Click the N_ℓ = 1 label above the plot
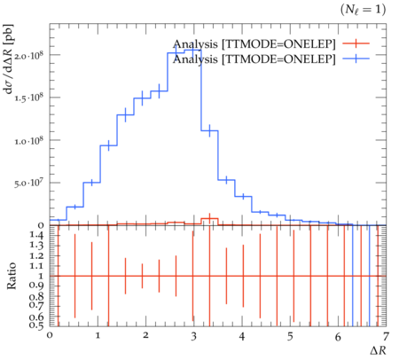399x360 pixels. coord(363,10)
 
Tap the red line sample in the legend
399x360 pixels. coord(356,43)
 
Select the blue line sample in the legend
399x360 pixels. coord(356,59)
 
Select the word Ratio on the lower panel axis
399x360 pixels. coord(12,276)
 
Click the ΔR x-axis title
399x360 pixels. coord(378,350)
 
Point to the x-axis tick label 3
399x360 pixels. coord(193,336)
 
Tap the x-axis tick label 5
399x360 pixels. coord(290,336)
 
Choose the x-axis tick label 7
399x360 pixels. coord(386,336)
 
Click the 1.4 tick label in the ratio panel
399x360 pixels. coord(36,236)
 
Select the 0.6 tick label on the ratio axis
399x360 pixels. coord(36,317)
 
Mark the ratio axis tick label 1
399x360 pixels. coord(41,276)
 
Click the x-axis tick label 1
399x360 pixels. coord(98,336)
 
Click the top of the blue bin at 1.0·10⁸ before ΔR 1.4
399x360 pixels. coord(109,145)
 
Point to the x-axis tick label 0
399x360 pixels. coord(50,336)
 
